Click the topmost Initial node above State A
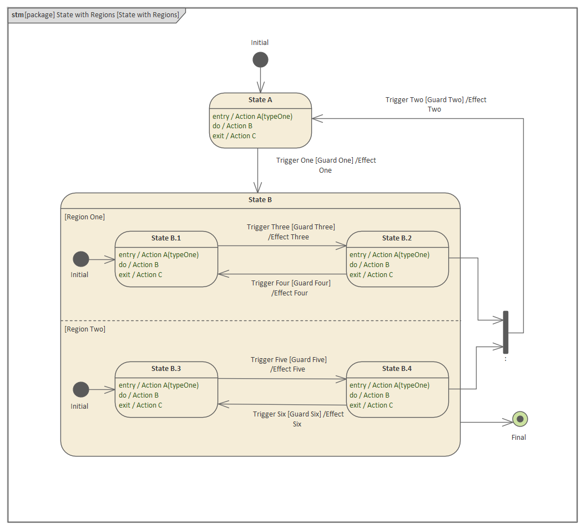click(x=260, y=59)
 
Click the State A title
click(x=260, y=100)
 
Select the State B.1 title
click(x=166, y=238)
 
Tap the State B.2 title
click(x=397, y=238)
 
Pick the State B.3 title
click(x=166, y=369)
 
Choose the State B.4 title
click(x=397, y=369)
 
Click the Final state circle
click(x=520, y=419)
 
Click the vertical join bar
click(x=505, y=332)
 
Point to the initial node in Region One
click(x=81, y=259)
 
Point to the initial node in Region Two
click(x=81, y=389)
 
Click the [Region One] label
click(x=85, y=217)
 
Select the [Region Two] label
click(x=85, y=329)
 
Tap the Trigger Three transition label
click(x=291, y=232)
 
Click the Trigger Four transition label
click(x=290, y=288)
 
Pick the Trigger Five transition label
click(x=289, y=364)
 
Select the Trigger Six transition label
click(x=298, y=419)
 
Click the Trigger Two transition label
click(x=436, y=104)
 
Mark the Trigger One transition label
click(x=326, y=165)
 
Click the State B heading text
click(x=260, y=200)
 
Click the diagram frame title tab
click(x=95, y=15)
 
